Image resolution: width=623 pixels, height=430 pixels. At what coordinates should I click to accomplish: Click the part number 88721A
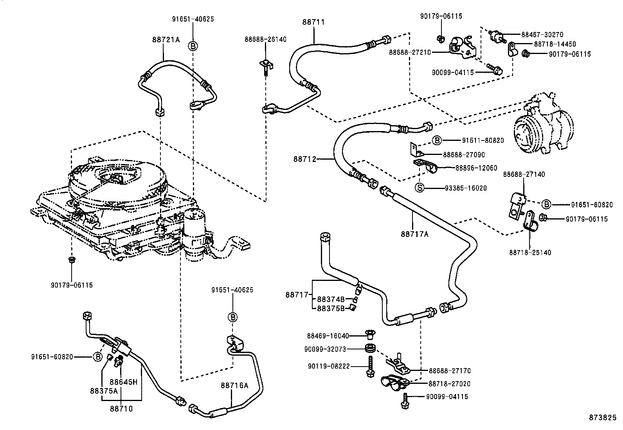click(166, 40)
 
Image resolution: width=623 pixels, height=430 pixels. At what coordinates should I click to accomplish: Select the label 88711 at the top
click(313, 22)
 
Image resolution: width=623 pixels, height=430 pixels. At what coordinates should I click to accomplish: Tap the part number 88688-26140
click(266, 40)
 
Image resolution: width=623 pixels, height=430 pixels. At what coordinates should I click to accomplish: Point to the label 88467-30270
click(542, 35)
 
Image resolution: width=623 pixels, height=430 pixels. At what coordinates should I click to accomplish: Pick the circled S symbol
click(420, 188)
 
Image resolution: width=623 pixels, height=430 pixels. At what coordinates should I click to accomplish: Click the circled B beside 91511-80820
click(437, 140)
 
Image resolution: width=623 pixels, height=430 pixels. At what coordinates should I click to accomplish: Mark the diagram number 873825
click(603, 418)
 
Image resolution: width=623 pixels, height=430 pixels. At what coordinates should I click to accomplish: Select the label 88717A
click(414, 234)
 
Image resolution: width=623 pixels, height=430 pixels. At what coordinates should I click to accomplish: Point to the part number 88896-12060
click(476, 168)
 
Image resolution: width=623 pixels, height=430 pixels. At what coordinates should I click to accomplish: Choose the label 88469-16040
click(328, 336)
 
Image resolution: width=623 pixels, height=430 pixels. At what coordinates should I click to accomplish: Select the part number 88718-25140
click(530, 253)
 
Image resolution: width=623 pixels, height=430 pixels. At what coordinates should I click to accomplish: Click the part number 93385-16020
click(466, 188)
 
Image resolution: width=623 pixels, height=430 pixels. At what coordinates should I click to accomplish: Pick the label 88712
click(304, 159)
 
